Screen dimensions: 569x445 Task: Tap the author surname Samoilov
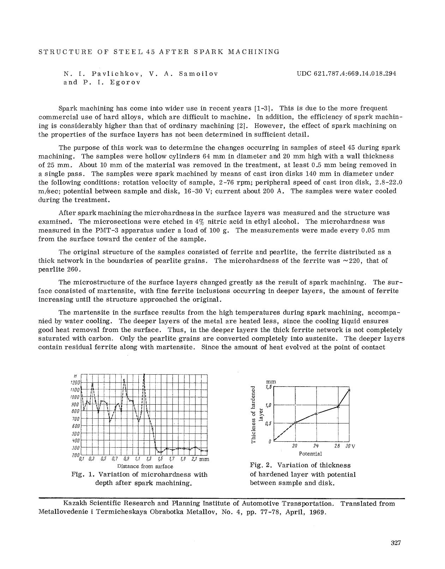198,74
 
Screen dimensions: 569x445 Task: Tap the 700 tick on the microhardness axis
76,419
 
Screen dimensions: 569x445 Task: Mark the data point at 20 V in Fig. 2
295,422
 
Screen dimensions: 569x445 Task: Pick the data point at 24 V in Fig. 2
317,413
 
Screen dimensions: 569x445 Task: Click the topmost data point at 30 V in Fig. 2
349,390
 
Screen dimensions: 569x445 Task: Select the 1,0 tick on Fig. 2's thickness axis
268,405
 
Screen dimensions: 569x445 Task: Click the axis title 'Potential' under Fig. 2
310,453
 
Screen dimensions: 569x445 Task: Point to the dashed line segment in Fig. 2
284,431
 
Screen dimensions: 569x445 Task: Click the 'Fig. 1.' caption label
82,474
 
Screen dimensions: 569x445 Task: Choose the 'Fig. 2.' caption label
260,465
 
